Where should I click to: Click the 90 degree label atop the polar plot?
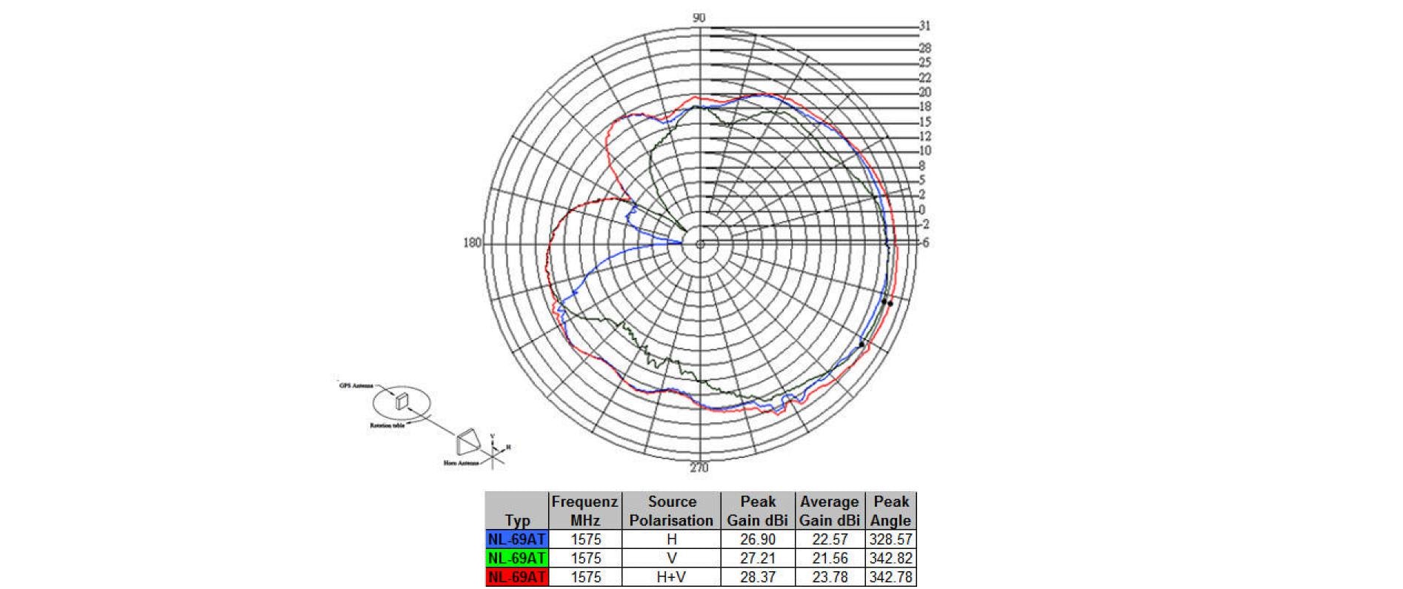pyautogui.click(x=699, y=18)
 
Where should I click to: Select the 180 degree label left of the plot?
pyautogui.click(x=472, y=243)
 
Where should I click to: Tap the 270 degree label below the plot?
pyautogui.click(x=699, y=467)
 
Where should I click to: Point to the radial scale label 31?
pyautogui.click(x=924, y=26)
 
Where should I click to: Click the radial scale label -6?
pyautogui.click(x=924, y=242)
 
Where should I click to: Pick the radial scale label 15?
pyautogui.click(x=924, y=122)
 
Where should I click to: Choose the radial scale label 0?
pyautogui.click(x=922, y=210)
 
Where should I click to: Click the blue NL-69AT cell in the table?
pyautogui.click(x=517, y=539)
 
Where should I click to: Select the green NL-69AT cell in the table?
pyautogui.click(x=517, y=558)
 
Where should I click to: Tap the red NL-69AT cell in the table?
pyautogui.click(x=517, y=576)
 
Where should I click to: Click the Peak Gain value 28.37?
pyautogui.click(x=757, y=576)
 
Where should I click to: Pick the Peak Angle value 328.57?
pyautogui.click(x=890, y=539)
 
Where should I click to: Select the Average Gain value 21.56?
pyautogui.click(x=829, y=558)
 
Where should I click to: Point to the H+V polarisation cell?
pyautogui.click(x=671, y=576)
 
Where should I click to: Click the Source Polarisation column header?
pyautogui.click(x=671, y=511)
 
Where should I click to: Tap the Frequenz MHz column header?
pyautogui.click(x=584, y=511)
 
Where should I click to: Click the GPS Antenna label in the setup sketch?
pyautogui.click(x=356, y=386)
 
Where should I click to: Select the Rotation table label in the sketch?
pyautogui.click(x=387, y=426)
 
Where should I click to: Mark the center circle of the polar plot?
pyautogui.click(x=699, y=244)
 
